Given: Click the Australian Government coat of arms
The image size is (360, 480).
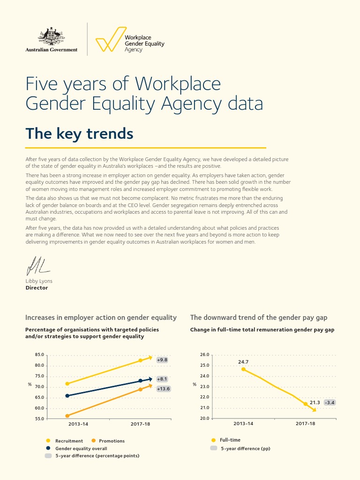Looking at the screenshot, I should [x=51, y=36].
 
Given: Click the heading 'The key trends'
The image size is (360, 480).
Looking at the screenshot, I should [x=79, y=134].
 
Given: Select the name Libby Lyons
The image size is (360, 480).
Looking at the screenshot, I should [x=39, y=281].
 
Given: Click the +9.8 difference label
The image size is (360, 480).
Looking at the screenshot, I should [x=162, y=360].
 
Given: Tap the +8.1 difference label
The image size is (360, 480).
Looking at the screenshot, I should [x=162, y=379].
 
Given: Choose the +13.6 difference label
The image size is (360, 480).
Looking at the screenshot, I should [x=163, y=389].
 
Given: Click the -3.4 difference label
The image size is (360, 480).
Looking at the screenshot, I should [x=330, y=402].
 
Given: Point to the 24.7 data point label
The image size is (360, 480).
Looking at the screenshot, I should [x=243, y=362].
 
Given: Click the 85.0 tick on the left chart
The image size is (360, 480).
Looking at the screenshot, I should [x=39, y=355].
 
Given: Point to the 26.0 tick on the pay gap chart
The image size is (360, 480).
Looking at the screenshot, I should [x=205, y=355].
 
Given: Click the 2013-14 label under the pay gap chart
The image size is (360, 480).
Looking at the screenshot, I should [x=243, y=423].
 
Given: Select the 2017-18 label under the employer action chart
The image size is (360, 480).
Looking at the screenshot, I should [x=140, y=423].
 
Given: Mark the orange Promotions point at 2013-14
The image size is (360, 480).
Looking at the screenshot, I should [x=67, y=416].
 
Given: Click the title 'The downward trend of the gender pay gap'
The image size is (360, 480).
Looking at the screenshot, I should [x=259, y=317].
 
